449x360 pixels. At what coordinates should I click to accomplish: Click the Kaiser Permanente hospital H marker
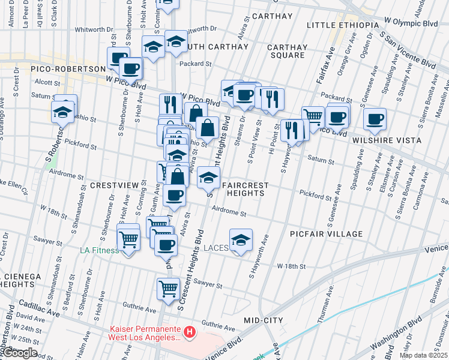(190, 331)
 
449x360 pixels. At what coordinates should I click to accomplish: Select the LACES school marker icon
(240, 240)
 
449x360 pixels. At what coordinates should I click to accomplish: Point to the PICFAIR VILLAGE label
(325, 233)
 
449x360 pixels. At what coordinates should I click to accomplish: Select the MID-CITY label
(263, 321)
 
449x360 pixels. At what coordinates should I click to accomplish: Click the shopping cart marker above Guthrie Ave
(168, 288)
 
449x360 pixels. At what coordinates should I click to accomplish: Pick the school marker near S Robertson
(62, 112)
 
